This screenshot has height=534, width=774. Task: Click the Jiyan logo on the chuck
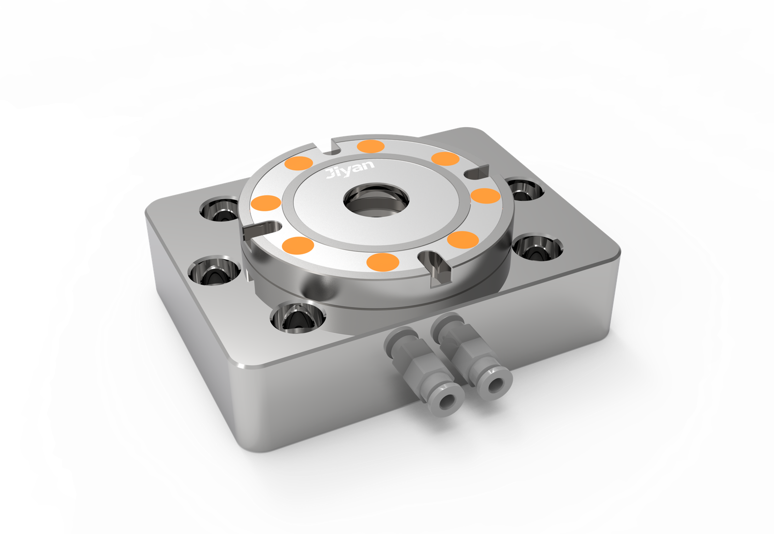[x=350, y=169]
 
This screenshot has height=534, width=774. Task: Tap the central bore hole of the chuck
[x=376, y=200]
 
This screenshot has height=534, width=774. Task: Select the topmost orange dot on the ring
[x=371, y=147]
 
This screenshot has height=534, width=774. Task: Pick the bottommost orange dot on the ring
[x=383, y=262]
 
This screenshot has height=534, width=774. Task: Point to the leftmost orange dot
[x=266, y=203]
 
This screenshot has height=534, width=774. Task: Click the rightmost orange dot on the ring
[x=486, y=196]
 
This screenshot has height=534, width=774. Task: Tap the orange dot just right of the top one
[x=446, y=159]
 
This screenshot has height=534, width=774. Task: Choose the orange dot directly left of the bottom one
[x=298, y=245]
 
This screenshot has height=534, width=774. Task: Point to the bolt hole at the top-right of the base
[x=524, y=189]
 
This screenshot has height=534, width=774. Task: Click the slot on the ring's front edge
[x=435, y=267]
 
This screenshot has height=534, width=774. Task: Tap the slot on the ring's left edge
[x=262, y=230]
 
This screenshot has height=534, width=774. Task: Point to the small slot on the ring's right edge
[x=477, y=172]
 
